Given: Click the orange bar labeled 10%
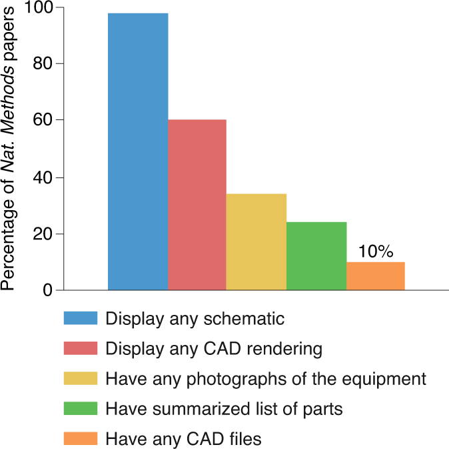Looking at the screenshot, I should tap(376, 276).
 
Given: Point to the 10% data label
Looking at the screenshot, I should tap(376, 252).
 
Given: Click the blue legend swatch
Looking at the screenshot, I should tap(81, 318).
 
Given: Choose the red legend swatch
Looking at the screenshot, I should tap(81, 348).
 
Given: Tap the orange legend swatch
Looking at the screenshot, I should tap(81, 438).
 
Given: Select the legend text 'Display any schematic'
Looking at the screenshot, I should tap(195, 319).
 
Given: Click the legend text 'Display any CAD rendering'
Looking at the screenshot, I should tap(214, 349).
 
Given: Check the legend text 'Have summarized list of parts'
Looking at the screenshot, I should tap(224, 408).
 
